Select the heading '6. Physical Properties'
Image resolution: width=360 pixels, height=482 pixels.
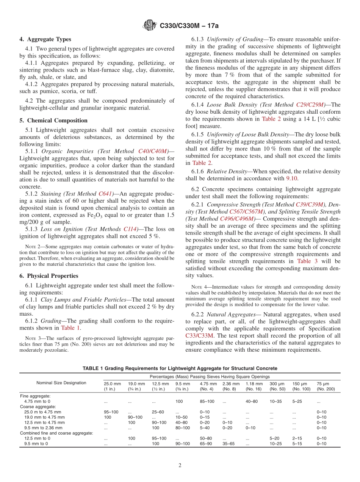49,276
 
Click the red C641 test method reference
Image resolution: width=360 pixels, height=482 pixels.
106,194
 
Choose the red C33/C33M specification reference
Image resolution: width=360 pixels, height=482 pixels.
200,335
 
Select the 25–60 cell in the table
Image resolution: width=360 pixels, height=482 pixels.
158,412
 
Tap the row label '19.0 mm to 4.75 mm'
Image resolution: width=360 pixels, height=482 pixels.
44,417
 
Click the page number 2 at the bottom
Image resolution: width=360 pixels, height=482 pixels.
180,465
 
